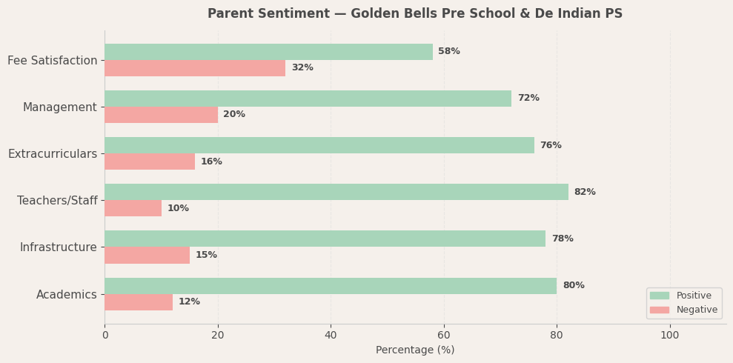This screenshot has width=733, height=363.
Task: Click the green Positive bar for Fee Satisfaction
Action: pos(268,52)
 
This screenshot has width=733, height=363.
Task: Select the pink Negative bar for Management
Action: pos(161,115)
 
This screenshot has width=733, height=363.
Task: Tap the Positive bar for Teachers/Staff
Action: pos(336,192)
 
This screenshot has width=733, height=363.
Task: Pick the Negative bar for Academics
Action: pos(139,302)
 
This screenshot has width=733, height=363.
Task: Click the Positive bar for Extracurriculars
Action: pos(319,145)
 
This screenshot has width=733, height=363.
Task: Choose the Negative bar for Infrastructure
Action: pos(147,256)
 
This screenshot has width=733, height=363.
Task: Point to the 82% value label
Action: pos(585,193)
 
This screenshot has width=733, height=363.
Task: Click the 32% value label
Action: pos(302,68)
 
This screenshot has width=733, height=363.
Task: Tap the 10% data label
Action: pos(178,209)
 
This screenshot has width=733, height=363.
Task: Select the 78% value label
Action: pos(563,239)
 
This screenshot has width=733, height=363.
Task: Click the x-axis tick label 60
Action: pos(444,336)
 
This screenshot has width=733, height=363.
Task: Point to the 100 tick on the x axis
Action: pos(670,336)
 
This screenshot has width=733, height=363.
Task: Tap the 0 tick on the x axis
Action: pos(105,336)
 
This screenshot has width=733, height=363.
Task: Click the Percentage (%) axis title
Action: pos(415,350)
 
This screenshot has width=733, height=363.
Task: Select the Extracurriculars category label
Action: pos(53,154)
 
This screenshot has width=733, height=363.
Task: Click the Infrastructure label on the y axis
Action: pos(58,247)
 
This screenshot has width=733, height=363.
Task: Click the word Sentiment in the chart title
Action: pos(291,14)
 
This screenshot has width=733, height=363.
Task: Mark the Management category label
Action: pos(60,107)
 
